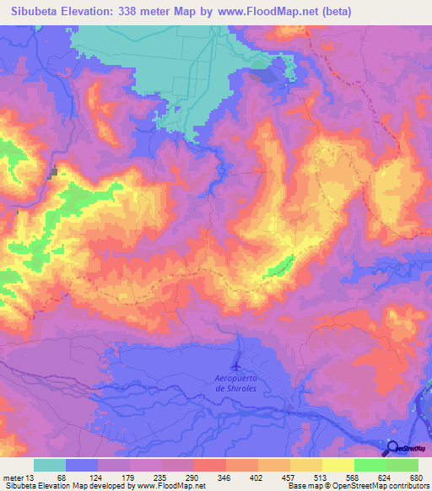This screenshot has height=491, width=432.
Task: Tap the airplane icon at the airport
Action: coord(237,365)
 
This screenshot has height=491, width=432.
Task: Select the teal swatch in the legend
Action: coord(50,465)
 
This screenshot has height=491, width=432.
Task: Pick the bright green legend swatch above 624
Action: coord(370,465)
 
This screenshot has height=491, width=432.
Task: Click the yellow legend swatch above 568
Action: coord(338,465)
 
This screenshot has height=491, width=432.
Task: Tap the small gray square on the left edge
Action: coord(55,173)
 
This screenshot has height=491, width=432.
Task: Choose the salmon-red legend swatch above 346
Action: coord(210,465)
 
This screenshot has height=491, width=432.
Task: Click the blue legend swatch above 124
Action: coord(82,465)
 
